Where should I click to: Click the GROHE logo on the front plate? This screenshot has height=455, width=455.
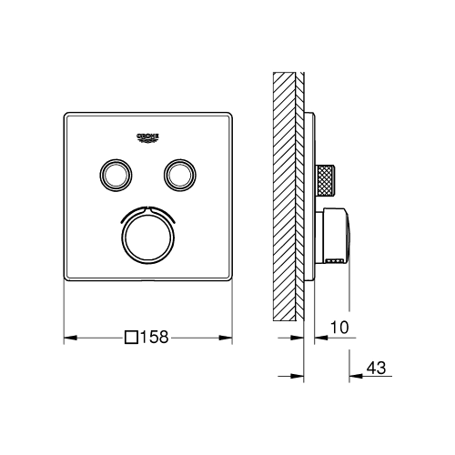[148, 137]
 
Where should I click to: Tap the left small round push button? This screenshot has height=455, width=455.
[116, 175]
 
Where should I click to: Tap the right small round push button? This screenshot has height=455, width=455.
[180, 175]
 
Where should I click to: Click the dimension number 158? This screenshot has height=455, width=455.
[154, 337]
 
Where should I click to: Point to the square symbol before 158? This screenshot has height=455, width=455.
[132, 337]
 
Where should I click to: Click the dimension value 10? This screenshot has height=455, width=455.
[339, 328]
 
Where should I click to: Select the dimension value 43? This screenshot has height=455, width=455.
[376, 368]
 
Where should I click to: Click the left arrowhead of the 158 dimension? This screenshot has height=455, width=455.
[70, 338]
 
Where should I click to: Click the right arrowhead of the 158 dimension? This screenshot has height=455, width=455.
[226, 338]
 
